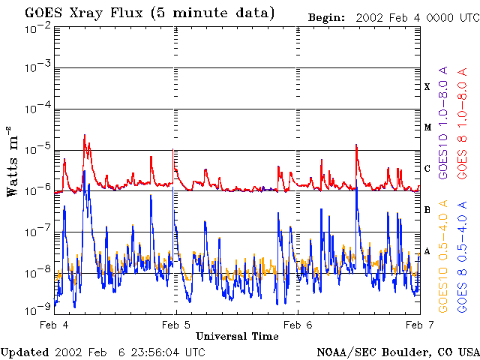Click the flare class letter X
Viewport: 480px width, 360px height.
(x=427, y=87)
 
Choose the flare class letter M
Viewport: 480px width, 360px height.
(x=427, y=127)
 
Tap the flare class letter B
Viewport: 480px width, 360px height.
(x=427, y=210)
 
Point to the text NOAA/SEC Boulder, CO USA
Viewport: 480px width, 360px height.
(x=397, y=352)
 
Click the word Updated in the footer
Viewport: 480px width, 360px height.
(x=25, y=352)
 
